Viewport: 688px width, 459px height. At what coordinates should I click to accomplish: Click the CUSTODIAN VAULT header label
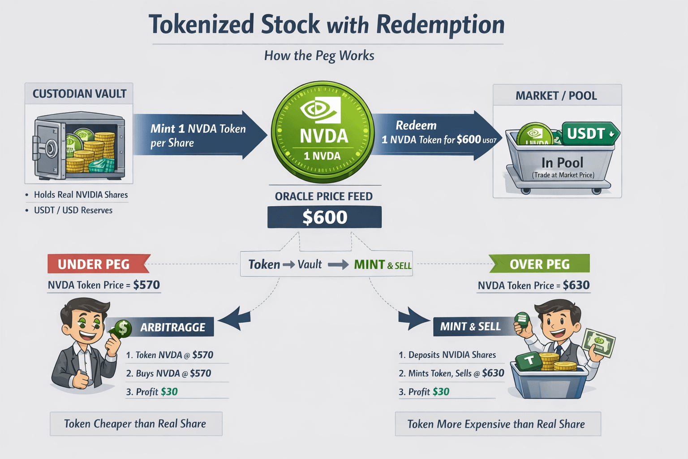[79, 94]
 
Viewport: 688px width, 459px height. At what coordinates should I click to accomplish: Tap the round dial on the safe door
[50, 147]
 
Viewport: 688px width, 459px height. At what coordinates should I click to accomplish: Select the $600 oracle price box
[324, 217]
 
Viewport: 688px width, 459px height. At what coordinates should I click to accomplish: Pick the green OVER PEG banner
[540, 264]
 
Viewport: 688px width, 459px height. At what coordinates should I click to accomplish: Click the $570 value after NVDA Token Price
[146, 285]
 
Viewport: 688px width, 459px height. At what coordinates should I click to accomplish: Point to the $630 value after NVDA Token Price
[576, 285]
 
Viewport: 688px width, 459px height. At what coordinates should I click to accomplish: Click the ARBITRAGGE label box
[172, 327]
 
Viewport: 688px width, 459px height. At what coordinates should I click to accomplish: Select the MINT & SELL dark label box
[470, 327]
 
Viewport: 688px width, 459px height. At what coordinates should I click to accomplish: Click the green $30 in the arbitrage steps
[169, 392]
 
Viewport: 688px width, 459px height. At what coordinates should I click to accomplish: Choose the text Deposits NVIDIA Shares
[452, 355]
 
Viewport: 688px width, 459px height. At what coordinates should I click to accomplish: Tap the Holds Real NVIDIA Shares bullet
[81, 195]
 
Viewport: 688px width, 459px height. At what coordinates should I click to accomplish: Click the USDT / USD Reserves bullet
[73, 210]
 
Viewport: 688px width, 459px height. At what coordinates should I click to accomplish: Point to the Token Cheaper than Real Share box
[136, 424]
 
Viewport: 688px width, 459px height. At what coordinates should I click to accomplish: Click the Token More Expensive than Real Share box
[497, 424]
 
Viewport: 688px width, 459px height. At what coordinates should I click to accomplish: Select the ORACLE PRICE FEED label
[323, 196]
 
